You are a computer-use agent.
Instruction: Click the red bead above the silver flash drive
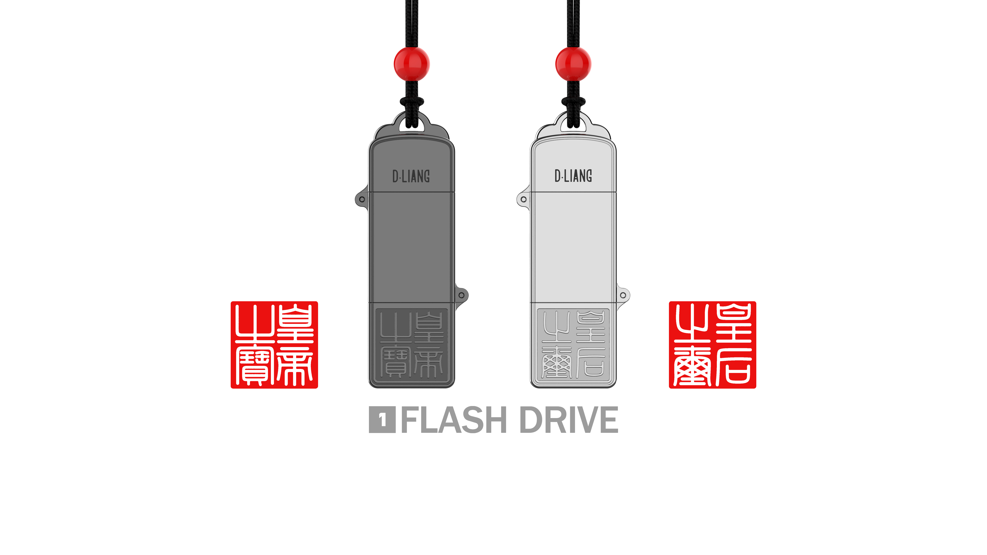tap(573, 64)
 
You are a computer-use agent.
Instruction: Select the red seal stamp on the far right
tap(712, 345)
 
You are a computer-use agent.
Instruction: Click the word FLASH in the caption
tap(454, 420)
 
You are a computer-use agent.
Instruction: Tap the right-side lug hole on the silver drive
tap(623, 295)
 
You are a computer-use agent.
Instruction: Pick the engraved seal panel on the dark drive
tap(412, 345)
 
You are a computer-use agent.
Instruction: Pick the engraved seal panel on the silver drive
tap(573, 345)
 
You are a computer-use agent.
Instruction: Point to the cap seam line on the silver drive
tap(573, 191)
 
